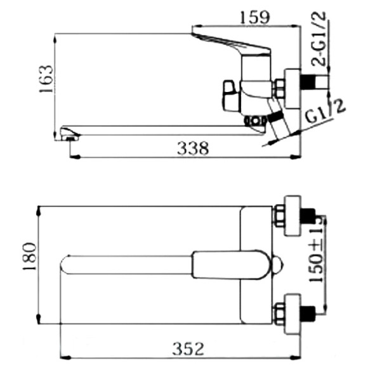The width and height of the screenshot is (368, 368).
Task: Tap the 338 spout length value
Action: [192, 148]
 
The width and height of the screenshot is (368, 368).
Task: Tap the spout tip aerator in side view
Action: [69, 134]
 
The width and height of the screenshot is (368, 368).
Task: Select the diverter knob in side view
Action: [229, 93]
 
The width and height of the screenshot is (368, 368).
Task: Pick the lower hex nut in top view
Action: [279, 312]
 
